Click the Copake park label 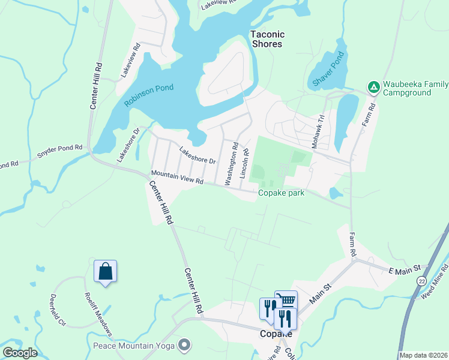point(281,193)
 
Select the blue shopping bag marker point(105,271)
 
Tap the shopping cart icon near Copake point(286,299)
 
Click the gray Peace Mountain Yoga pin point(184,345)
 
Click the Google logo point(20,352)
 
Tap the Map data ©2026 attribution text point(423,355)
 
